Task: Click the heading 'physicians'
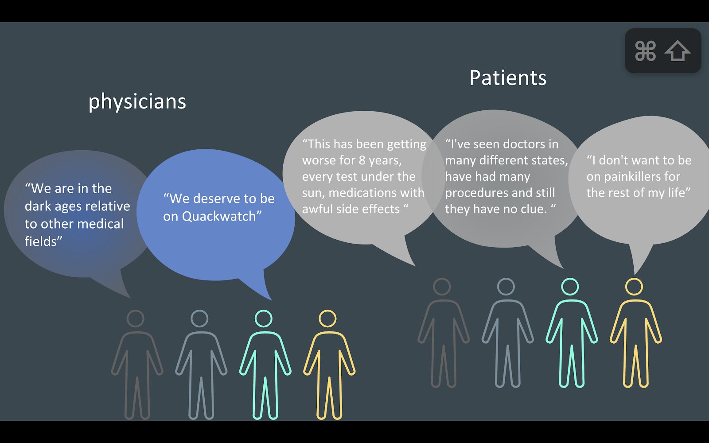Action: click(x=137, y=102)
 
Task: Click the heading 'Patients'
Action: click(x=508, y=78)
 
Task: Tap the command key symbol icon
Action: click(x=645, y=51)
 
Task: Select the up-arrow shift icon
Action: click(x=677, y=51)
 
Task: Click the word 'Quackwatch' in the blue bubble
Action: click(x=213, y=216)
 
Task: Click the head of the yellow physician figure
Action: click(x=327, y=319)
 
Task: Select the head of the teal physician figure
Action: click(x=264, y=319)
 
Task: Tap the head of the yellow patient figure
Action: click(x=634, y=287)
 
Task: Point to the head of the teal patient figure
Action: click(x=570, y=287)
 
